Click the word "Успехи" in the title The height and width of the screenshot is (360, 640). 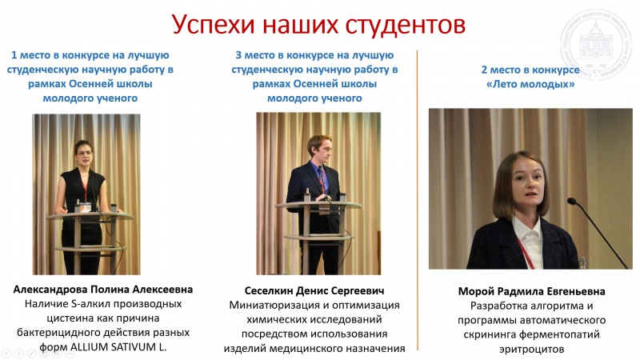coord(213,26)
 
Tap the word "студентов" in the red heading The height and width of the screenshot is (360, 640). coord(406,26)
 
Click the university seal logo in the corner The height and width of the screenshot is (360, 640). coord(596,44)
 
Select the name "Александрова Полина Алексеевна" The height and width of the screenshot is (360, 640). coord(103,290)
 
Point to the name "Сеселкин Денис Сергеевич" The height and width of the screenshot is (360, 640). coord(314,290)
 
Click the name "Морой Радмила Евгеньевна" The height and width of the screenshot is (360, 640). coord(531,291)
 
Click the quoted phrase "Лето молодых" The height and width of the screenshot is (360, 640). coord(530,85)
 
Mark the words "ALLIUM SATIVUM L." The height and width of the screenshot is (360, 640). coord(118,347)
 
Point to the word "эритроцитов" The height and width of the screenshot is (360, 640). coord(531,350)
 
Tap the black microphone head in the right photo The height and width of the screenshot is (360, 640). coord(571,201)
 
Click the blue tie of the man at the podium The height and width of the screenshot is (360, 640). coord(322,179)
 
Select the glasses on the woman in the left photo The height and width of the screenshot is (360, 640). coord(85,154)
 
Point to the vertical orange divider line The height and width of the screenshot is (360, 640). coord(417,200)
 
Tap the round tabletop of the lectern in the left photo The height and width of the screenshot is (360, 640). coord(89,216)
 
